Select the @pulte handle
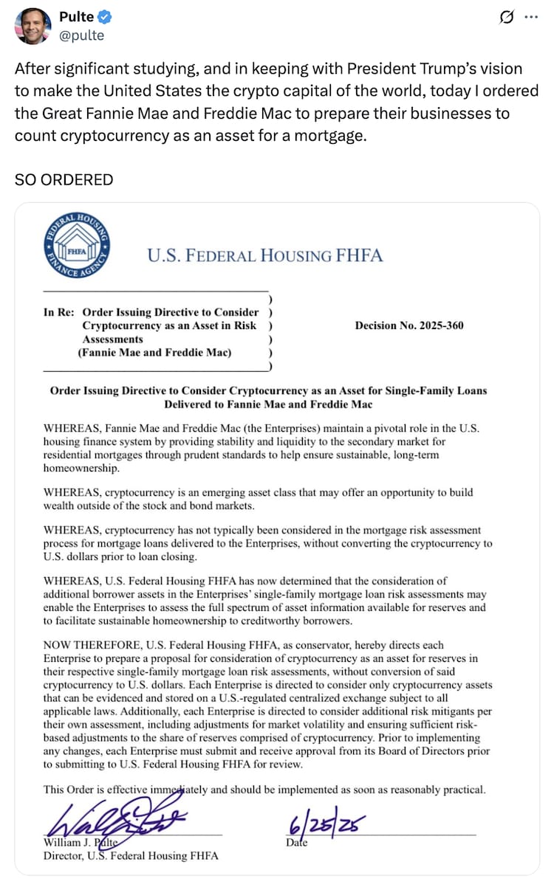coord(81,35)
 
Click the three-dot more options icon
coord(530,18)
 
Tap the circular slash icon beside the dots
coord(507,17)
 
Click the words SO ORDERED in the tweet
coord(64,179)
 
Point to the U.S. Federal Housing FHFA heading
coord(264,256)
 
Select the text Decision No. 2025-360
coord(409,325)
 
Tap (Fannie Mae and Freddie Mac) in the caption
coord(154,353)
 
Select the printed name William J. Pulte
coord(81,843)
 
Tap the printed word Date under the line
coord(296,842)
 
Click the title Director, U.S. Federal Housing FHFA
coord(131,856)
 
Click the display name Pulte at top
coord(76,17)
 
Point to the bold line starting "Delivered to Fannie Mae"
coord(268,404)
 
